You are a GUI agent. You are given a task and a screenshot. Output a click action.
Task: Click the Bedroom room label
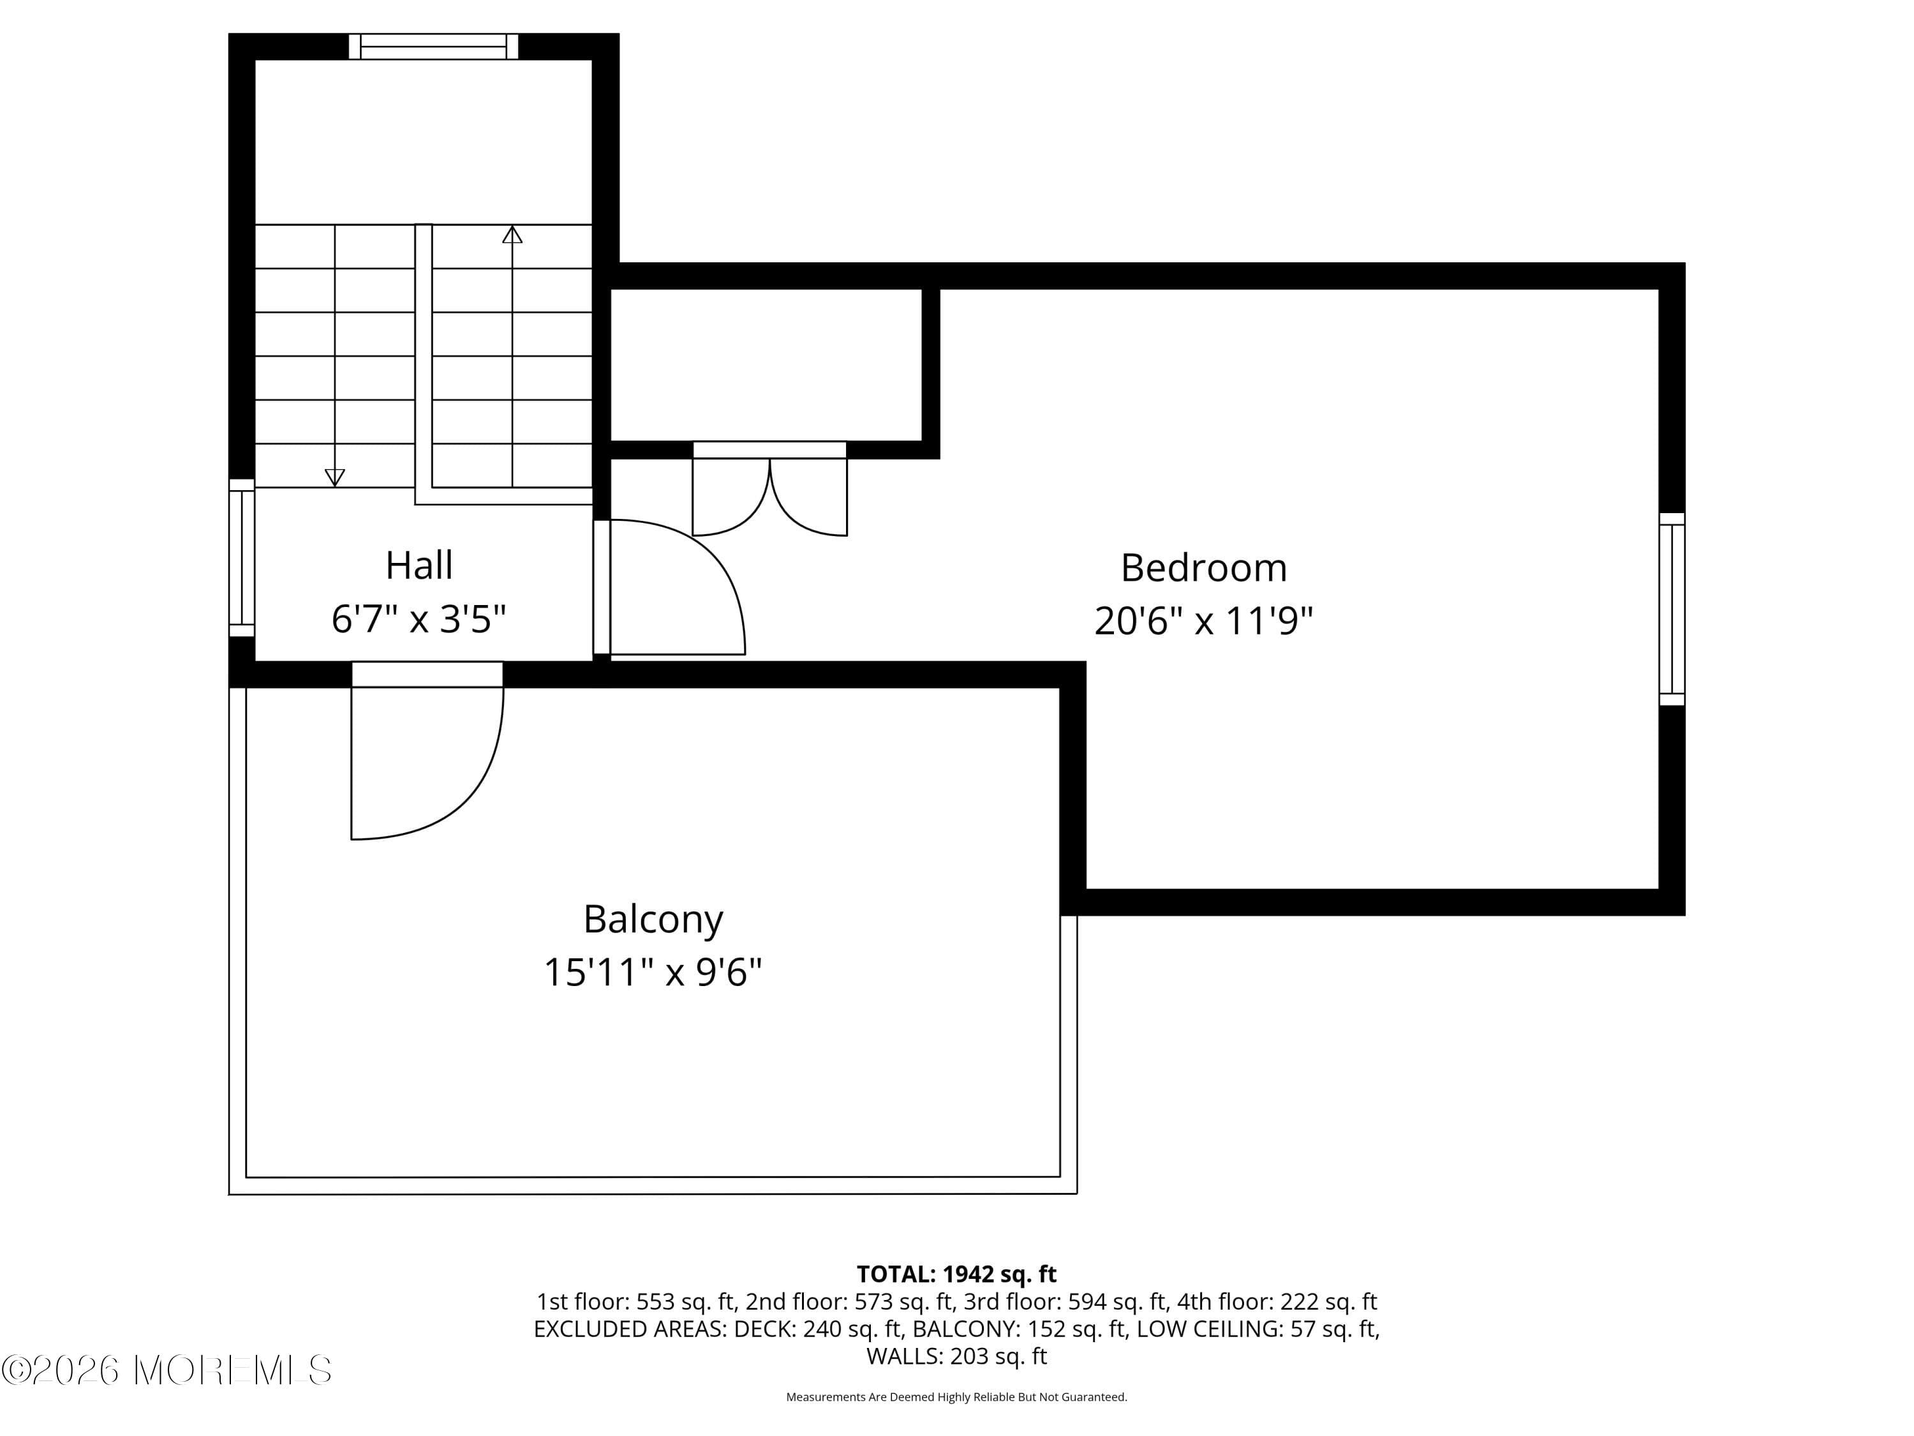[1204, 569]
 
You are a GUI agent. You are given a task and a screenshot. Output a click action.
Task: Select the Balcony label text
[653, 919]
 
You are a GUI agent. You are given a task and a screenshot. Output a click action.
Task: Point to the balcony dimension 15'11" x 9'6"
[653, 972]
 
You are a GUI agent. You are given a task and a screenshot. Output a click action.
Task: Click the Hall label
[419, 566]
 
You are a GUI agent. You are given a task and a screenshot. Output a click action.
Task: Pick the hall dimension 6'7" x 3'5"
[419, 620]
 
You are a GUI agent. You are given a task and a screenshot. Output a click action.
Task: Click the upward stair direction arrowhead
[512, 235]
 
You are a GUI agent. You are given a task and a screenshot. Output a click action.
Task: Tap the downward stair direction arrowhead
[335, 477]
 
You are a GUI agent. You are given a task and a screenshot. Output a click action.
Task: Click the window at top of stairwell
[433, 47]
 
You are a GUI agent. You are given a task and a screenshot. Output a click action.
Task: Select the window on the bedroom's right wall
[1672, 608]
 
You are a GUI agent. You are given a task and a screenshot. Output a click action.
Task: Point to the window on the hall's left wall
[242, 557]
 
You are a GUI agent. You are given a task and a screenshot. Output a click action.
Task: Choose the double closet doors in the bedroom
[769, 493]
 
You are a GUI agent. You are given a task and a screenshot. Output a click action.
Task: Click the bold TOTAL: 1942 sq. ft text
[956, 1274]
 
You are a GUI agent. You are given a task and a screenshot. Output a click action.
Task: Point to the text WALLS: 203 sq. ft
[956, 1356]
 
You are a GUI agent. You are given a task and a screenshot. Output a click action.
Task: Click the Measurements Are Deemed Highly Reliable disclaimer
[956, 1396]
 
